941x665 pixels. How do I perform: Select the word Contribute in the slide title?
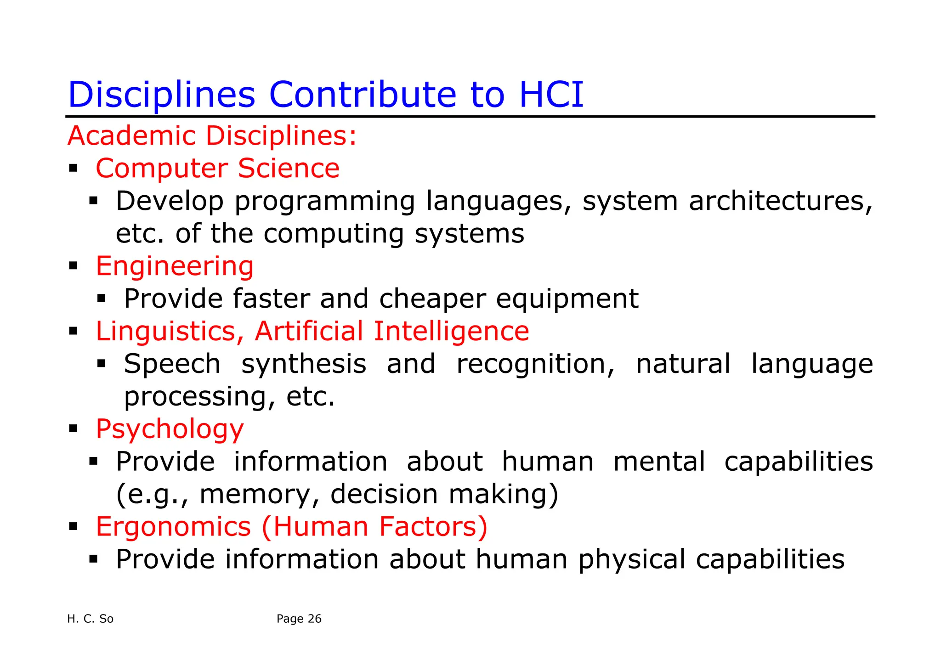[x=363, y=95]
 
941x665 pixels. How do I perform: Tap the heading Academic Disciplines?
[x=212, y=136]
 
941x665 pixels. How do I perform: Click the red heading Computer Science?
[x=217, y=168]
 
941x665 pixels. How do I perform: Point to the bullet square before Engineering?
[x=73, y=265]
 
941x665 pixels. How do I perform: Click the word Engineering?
[x=175, y=266]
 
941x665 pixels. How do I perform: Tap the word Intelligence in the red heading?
[x=451, y=332]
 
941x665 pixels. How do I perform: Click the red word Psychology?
[x=170, y=429]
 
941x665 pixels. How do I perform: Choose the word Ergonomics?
[x=173, y=527]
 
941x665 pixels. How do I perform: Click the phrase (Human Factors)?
[x=374, y=527]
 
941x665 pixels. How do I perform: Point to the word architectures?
[x=780, y=201]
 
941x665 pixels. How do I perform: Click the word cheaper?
[x=432, y=299]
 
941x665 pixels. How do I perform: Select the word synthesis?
[x=304, y=364]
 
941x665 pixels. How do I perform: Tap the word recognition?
[x=535, y=364]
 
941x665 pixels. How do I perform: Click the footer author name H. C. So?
[x=90, y=619]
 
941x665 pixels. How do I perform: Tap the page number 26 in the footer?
[x=314, y=619]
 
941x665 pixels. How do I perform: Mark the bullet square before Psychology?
[x=73, y=429]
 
